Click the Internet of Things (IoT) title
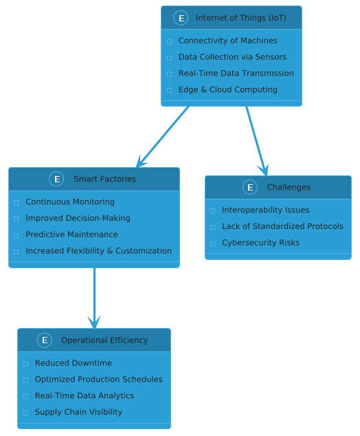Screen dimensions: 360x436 241,18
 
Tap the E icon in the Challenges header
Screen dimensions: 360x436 250,187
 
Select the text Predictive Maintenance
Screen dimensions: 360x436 71,235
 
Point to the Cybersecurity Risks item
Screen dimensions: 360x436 260,243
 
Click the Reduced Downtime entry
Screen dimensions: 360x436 74,363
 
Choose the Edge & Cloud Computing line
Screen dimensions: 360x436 228,89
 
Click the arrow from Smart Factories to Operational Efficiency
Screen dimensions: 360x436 94,298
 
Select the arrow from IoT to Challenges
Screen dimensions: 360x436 256,141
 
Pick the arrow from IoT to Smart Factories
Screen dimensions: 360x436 163,137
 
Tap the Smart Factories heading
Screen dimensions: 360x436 104,179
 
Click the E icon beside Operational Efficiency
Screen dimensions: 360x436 45,340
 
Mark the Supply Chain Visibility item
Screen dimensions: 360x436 78,412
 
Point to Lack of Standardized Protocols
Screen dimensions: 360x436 282,226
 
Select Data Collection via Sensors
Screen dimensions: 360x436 232,57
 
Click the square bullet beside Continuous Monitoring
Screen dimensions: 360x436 16,203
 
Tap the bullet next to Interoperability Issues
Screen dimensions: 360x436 212,210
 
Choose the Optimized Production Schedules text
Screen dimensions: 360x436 99,380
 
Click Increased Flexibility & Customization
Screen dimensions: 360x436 99,251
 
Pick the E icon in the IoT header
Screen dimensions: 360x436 181,18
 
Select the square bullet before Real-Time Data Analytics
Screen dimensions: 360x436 26,397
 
